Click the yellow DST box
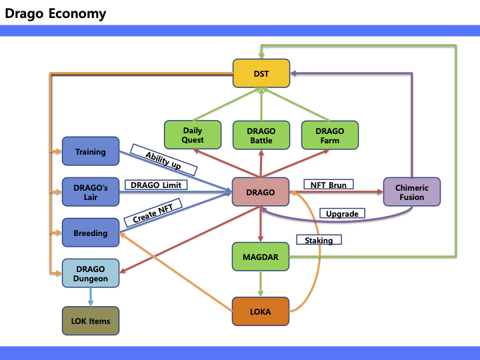point(261,73)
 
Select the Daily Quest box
point(193,135)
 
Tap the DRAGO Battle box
point(261,135)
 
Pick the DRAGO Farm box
point(329,135)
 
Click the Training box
point(90,151)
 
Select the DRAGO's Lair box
point(90,192)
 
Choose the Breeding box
point(90,233)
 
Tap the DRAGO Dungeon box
point(90,273)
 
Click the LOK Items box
point(90,321)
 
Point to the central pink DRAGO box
point(261,193)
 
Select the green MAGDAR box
point(261,257)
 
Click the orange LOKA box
point(261,311)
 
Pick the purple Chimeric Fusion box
point(412,193)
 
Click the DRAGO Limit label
point(155,184)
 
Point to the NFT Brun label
point(328,184)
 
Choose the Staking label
point(319,239)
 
